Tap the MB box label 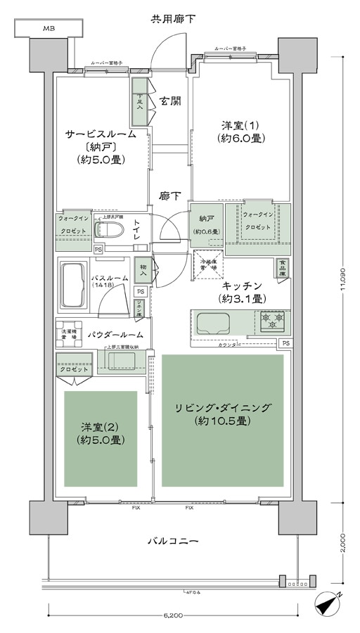pyautogui.click(x=49, y=28)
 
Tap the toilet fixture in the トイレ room pyautogui.click(x=113, y=230)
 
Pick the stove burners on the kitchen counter pyautogui.click(x=271, y=321)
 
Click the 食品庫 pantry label pyautogui.click(x=281, y=268)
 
